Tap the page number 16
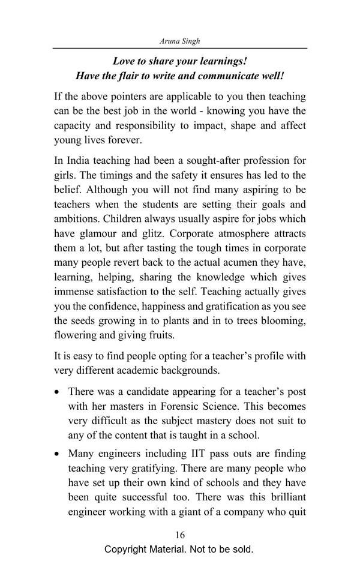(180, 535)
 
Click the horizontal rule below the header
(179, 47)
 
